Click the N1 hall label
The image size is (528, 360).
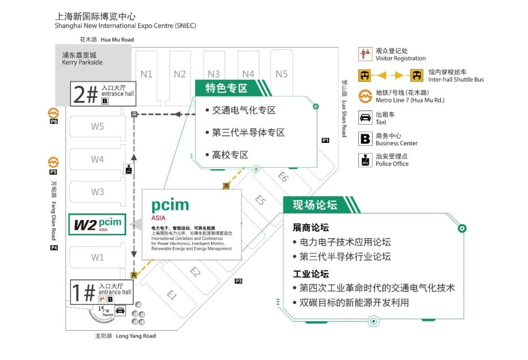[x=146, y=74]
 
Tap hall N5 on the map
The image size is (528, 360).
[x=282, y=74]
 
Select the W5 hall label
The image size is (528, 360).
[x=97, y=127]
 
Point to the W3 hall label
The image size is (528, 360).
[x=97, y=192]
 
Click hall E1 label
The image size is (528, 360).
[x=172, y=295]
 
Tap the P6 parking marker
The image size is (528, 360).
[x=53, y=121]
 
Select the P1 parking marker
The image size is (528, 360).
[x=326, y=140]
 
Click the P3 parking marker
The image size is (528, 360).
[x=239, y=281]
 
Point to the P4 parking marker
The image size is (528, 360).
[x=54, y=248]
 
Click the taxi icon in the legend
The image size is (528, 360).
[x=365, y=118]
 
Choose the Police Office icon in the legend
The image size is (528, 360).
[x=365, y=160]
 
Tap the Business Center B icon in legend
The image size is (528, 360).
[x=365, y=139]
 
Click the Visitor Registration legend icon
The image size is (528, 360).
[x=365, y=54]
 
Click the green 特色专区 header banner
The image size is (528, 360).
[x=228, y=89]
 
